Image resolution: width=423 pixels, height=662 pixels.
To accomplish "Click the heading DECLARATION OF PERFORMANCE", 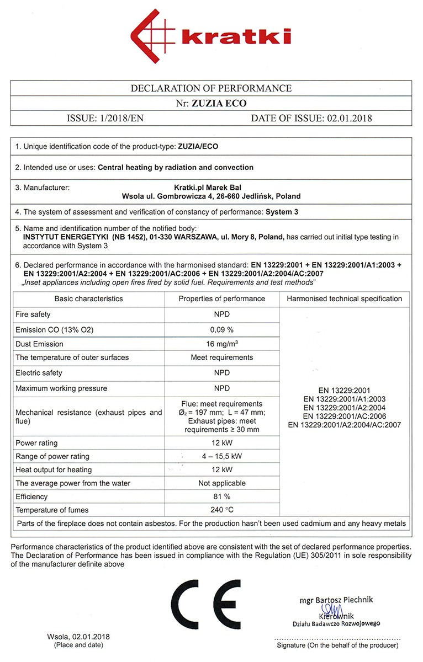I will (x=211, y=88).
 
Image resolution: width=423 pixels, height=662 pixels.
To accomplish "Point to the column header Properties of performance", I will (x=221, y=298).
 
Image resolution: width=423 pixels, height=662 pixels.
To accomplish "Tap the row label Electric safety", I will (x=39, y=373).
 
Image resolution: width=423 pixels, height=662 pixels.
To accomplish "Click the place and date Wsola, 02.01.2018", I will (x=78, y=637).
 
